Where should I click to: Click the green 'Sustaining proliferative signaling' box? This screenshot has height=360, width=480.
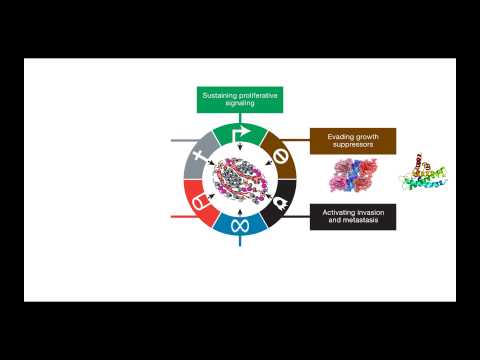[240, 99]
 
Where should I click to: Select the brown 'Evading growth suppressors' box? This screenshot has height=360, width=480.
[352, 140]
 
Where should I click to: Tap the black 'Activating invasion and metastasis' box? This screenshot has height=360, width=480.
[352, 216]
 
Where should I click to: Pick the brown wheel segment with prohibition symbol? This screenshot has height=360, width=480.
[280, 158]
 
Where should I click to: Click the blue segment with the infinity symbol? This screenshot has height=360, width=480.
[240, 224]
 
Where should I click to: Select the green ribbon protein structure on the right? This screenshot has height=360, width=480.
[420, 175]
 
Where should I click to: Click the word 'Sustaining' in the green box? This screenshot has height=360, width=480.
[221, 95]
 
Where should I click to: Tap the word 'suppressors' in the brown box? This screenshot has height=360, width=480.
[352, 145]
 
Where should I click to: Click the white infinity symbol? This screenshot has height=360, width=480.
[240, 226]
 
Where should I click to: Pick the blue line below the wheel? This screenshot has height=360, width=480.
[240, 240]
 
